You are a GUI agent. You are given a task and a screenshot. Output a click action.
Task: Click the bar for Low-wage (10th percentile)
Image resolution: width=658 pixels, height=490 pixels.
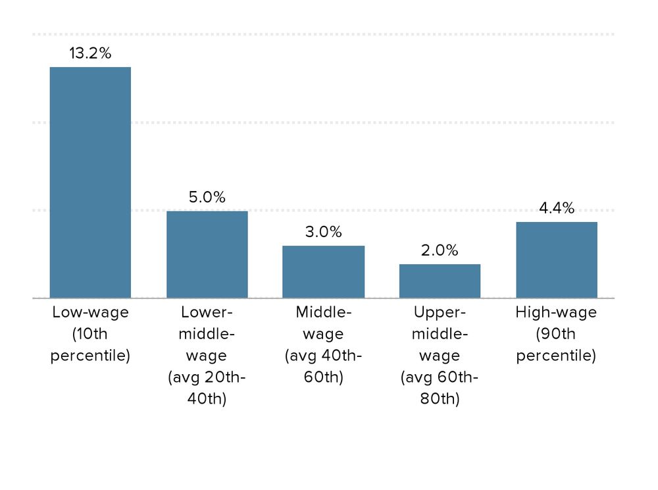(90, 182)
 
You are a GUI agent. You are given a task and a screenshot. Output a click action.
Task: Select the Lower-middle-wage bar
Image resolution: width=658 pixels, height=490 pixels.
(207, 254)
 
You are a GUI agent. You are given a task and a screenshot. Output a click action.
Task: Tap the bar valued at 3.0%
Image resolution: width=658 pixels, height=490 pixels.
(323, 271)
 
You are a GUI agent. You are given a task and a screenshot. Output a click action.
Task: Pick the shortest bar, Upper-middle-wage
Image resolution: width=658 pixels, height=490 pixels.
(440, 281)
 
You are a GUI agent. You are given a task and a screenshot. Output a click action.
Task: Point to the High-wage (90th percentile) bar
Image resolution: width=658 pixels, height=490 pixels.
(556, 259)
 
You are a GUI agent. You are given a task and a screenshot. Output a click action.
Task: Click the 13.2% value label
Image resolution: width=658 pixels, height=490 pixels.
(90, 54)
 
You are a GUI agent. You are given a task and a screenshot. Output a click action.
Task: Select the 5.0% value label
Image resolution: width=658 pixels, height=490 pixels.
(207, 197)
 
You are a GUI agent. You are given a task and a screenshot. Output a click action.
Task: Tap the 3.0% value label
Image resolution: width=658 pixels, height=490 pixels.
(323, 232)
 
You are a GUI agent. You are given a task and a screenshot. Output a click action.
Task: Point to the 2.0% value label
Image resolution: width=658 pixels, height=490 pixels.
(440, 250)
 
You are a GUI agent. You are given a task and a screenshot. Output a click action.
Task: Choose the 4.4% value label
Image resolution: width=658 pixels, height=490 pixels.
(556, 208)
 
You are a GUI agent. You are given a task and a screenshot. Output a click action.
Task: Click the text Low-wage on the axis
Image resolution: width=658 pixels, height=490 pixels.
(90, 312)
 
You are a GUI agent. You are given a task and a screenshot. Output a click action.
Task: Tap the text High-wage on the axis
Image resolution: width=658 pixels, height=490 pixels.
(556, 312)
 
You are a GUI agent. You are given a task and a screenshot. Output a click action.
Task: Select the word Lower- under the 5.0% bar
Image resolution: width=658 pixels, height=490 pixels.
(207, 312)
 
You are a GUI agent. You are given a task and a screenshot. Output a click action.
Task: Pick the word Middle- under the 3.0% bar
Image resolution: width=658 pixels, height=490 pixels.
(323, 312)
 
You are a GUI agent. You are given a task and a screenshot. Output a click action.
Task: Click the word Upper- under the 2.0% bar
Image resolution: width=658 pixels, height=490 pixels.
(440, 312)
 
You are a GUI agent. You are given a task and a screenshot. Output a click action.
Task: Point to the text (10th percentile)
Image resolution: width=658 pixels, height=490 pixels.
(90, 345)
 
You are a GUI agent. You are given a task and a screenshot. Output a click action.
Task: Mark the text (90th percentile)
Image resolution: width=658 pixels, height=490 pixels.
(556, 345)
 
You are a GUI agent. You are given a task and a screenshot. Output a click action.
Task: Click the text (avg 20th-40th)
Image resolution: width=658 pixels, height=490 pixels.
(207, 389)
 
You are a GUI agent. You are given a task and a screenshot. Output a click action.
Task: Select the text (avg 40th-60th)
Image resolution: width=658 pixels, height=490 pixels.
(323, 367)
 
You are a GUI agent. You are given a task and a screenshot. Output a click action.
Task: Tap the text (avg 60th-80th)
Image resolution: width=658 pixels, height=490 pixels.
(440, 389)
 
